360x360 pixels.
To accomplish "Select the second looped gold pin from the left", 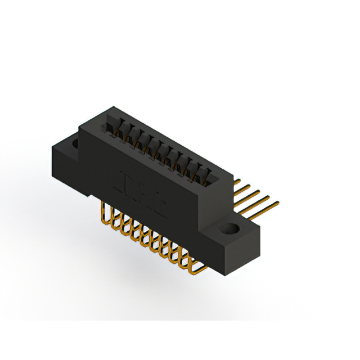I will click(113, 222).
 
